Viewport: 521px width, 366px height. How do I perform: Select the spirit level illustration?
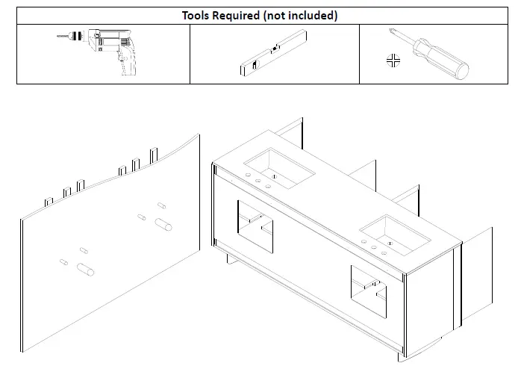(273, 53)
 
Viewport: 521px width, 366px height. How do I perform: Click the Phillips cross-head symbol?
(393, 61)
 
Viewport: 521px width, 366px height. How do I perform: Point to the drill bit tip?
(57, 36)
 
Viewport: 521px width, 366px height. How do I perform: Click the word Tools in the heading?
(196, 16)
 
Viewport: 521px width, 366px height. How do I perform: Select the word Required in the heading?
(236, 16)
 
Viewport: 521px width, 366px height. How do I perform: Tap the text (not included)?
(300, 16)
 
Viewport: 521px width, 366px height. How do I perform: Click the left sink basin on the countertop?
(279, 168)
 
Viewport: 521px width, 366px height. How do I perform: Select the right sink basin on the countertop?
(395, 235)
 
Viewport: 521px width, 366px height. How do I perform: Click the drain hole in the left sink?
(275, 176)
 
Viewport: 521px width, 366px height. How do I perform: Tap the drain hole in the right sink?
(390, 244)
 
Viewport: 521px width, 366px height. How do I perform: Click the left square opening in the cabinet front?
(255, 226)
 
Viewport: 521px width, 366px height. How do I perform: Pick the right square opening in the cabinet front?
(369, 291)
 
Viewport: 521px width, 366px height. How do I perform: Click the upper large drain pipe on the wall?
(163, 224)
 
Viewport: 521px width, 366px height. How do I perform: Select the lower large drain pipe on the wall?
(85, 270)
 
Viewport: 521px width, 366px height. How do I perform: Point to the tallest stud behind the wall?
(154, 156)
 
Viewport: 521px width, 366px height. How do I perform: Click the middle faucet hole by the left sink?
(258, 181)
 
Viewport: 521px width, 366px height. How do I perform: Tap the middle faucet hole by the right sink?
(374, 248)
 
